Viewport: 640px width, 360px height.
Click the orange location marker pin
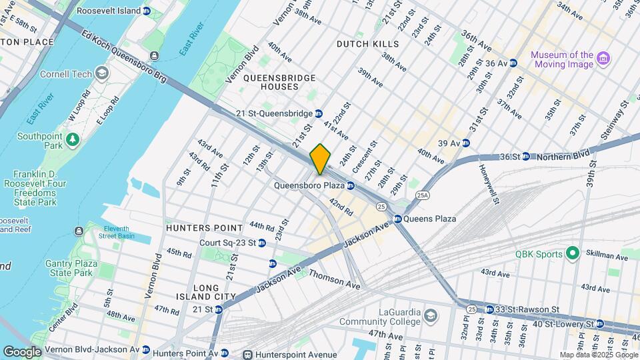pos(321,159)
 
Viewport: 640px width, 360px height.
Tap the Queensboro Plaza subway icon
pos(350,185)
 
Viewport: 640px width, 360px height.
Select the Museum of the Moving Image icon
pos(603,59)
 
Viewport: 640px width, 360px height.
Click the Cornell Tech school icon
pos(102,73)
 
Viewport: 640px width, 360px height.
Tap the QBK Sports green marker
pos(571,253)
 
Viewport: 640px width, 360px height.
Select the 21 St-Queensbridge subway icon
pos(319,113)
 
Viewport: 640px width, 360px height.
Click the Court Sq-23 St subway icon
pos(262,243)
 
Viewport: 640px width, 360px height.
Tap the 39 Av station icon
pos(466,143)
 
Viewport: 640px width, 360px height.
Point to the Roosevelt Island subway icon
pos(146,11)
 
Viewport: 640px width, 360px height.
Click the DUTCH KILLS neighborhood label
pos(367,44)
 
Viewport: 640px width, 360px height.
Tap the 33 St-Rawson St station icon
pos(489,309)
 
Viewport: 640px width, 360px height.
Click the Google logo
pos(23,351)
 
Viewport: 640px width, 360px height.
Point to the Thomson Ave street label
pos(335,280)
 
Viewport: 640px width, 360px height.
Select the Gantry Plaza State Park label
pos(69,268)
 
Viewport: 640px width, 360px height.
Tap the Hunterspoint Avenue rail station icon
pos(248,354)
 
